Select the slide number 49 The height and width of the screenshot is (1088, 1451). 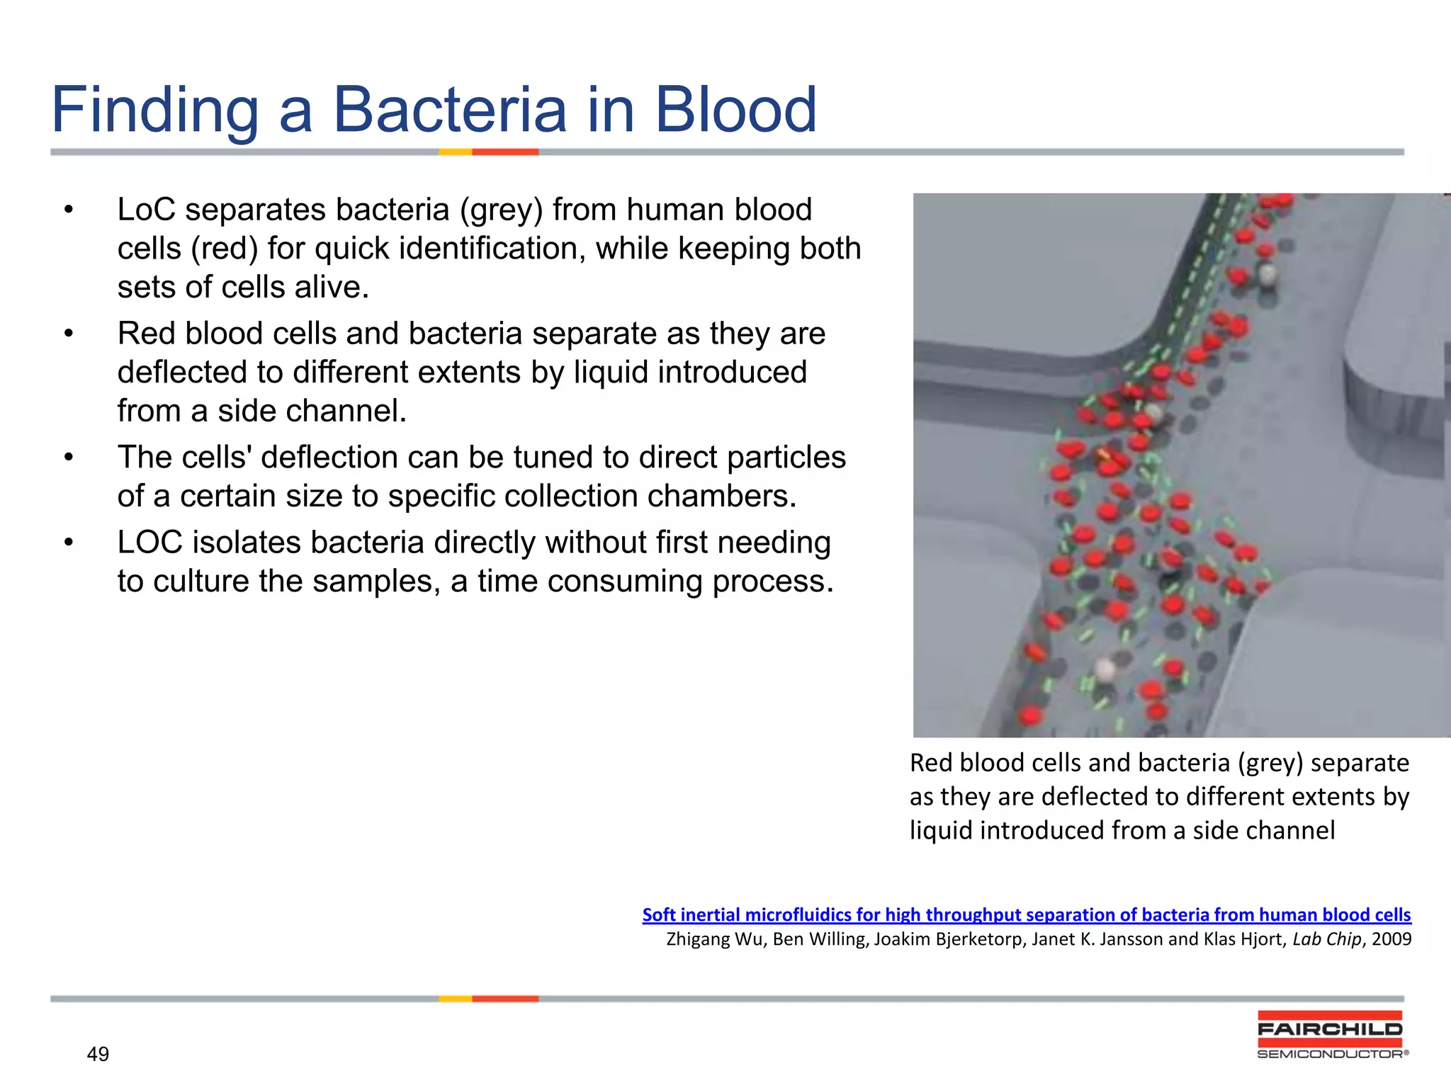click(x=98, y=1054)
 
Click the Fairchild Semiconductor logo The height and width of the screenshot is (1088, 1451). click(x=1330, y=1035)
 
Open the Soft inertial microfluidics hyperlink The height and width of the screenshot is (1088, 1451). click(x=1026, y=914)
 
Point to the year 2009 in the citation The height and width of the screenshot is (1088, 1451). click(x=1391, y=939)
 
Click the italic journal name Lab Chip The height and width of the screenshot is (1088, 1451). click(x=1326, y=939)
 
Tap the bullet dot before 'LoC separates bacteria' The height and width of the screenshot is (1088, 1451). click(x=68, y=210)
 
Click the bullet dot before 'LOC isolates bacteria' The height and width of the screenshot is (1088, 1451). click(x=68, y=543)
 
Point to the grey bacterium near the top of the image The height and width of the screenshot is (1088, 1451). click(x=1267, y=273)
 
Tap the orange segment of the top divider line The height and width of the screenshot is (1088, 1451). click(x=505, y=152)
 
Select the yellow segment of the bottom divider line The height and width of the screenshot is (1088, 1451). click(x=455, y=999)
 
